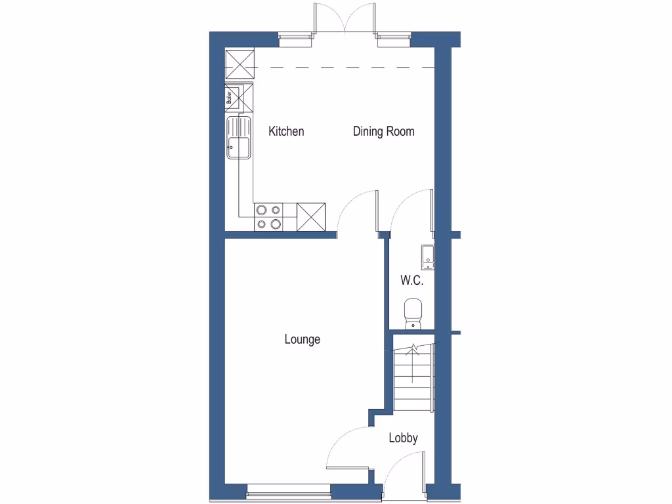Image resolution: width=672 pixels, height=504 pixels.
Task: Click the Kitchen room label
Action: (286, 131)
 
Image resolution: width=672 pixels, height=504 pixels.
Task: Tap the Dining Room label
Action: (383, 131)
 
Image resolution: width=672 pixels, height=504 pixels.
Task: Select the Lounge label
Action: (302, 339)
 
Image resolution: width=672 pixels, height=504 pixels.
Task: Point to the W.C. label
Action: (412, 281)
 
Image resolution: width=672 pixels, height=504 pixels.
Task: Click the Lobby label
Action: (403, 438)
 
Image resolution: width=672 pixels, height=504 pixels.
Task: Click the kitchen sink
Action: (239, 138)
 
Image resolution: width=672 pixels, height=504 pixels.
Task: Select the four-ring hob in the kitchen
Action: (268, 217)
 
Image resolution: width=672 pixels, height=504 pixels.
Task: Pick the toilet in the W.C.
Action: (413, 312)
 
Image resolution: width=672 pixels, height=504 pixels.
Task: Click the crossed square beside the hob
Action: (311, 217)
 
